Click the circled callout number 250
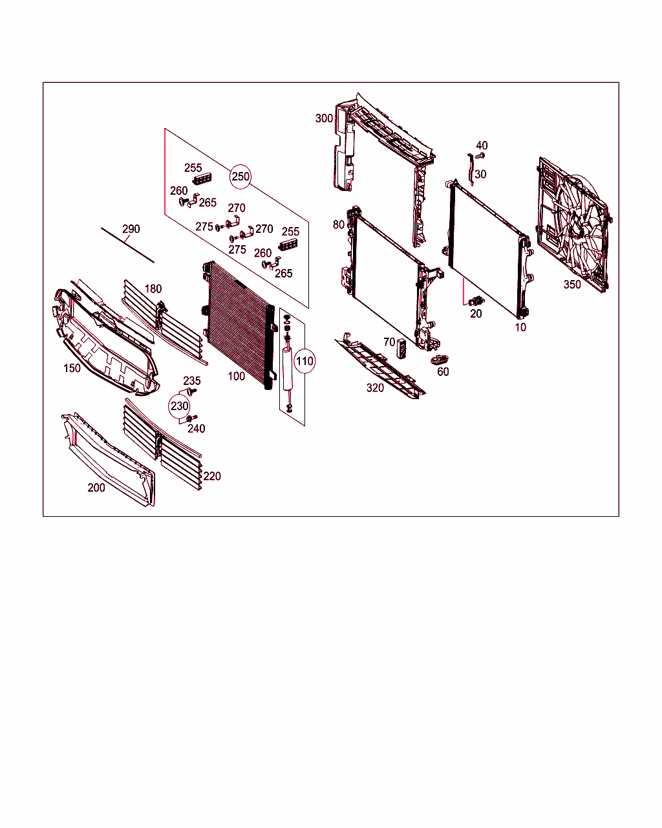pos(240,177)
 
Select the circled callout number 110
pos(304,362)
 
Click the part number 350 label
pos(572,285)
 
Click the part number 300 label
pos(324,118)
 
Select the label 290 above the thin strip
pos(131,229)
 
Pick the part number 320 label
pos(375,388)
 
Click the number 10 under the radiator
pos(520,327)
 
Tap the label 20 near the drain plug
pos(476,314)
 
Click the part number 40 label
pos(482,146)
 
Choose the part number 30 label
pos(480,174)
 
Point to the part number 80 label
pos(339,225)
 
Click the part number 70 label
pos(389,342)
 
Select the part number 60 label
pos(443,372)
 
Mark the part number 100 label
pos(237,376)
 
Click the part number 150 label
pos(72,368)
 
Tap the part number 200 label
pos(96,488)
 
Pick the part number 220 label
pos(212,476)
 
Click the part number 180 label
pos(153,289)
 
